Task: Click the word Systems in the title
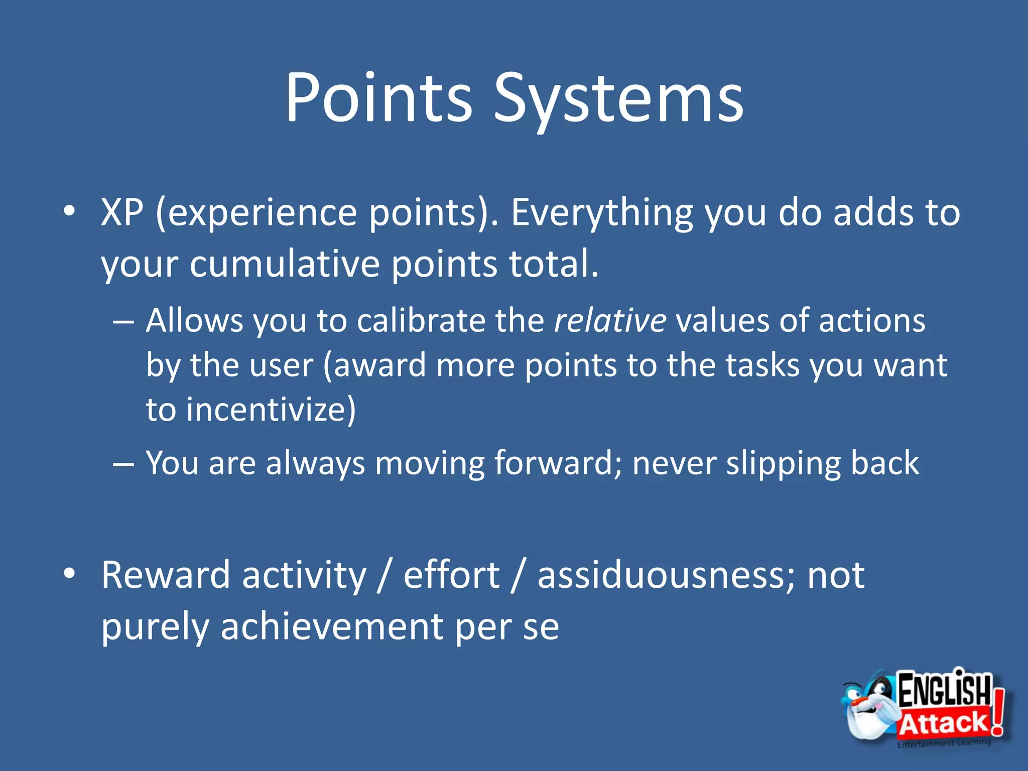point(618,100)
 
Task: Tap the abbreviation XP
point(122,212)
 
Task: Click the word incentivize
point(270,410)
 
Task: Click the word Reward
point(166,575)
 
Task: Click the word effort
point(451,575)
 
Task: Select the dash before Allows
point(123,322)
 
